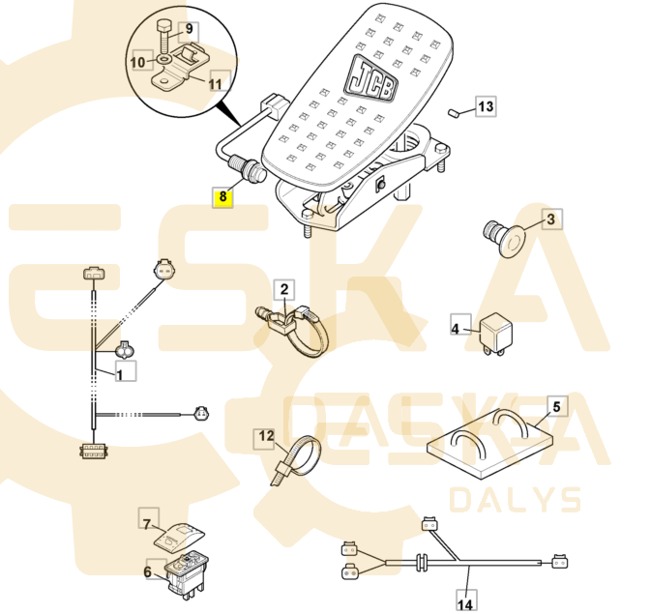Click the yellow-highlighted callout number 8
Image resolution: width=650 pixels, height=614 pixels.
click(x=223, y=197)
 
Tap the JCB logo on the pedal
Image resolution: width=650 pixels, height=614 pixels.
click(x=370, y=78)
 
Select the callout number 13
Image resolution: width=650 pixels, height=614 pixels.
click(x=486, y=107)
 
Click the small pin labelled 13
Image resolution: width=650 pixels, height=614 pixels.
click(x=453, y=113)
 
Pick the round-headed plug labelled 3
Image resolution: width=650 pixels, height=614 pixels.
click(x=505, y=239)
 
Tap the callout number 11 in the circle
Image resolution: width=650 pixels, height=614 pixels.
click(x=215, y=83)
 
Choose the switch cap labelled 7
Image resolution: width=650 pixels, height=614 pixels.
click(x=179, y=537)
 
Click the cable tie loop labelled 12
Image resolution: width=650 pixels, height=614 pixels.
click(x=297, y=457)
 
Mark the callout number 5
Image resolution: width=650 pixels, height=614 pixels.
click(x=556, y=407)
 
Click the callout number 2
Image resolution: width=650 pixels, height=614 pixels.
click(x=284, y=289)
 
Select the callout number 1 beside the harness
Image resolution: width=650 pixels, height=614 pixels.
click(x=120, y=374)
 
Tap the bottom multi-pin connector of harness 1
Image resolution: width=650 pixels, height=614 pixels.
click(x=93, y=451)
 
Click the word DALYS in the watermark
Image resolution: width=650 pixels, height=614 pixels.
click(x=516, y=500)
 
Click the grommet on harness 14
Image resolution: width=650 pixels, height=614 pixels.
click(x=423, y=562)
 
